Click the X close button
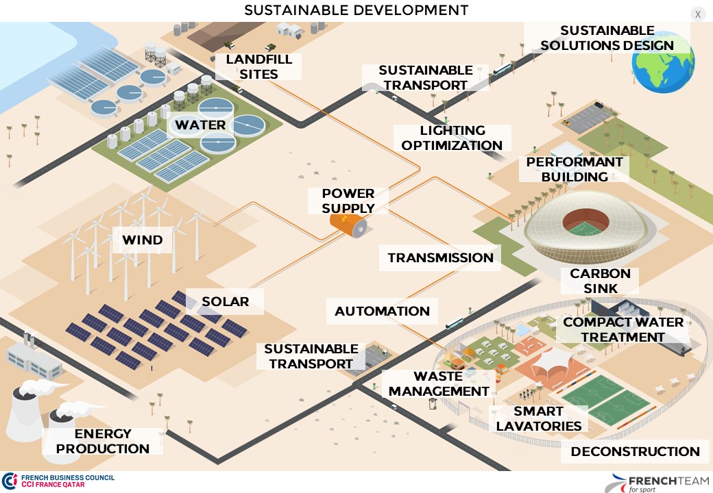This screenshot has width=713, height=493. coord(698,14)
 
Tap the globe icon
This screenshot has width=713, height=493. coord(663,61)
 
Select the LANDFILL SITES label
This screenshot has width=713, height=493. coord(258,66)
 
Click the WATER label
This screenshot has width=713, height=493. coord(200,125)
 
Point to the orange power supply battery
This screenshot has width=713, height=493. coord(348,224)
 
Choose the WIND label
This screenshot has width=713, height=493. coord(143,240)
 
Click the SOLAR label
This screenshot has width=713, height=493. coord(225,301)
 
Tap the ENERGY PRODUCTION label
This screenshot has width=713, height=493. coord(102,442)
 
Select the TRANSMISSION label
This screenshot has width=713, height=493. coord(440,258)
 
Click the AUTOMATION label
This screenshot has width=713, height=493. coord(382,312)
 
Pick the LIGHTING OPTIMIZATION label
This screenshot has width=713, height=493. coord(452,138)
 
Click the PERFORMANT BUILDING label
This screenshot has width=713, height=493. coord(575,169)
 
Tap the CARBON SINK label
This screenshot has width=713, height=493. coord(600,281)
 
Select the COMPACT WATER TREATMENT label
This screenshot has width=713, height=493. coord(623,329)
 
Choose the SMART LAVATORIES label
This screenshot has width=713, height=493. coord(538,418)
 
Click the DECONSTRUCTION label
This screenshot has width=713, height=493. coord(635,452)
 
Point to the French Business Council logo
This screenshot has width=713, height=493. coord(58,481)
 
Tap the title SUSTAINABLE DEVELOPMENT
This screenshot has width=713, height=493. coord(356,10)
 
